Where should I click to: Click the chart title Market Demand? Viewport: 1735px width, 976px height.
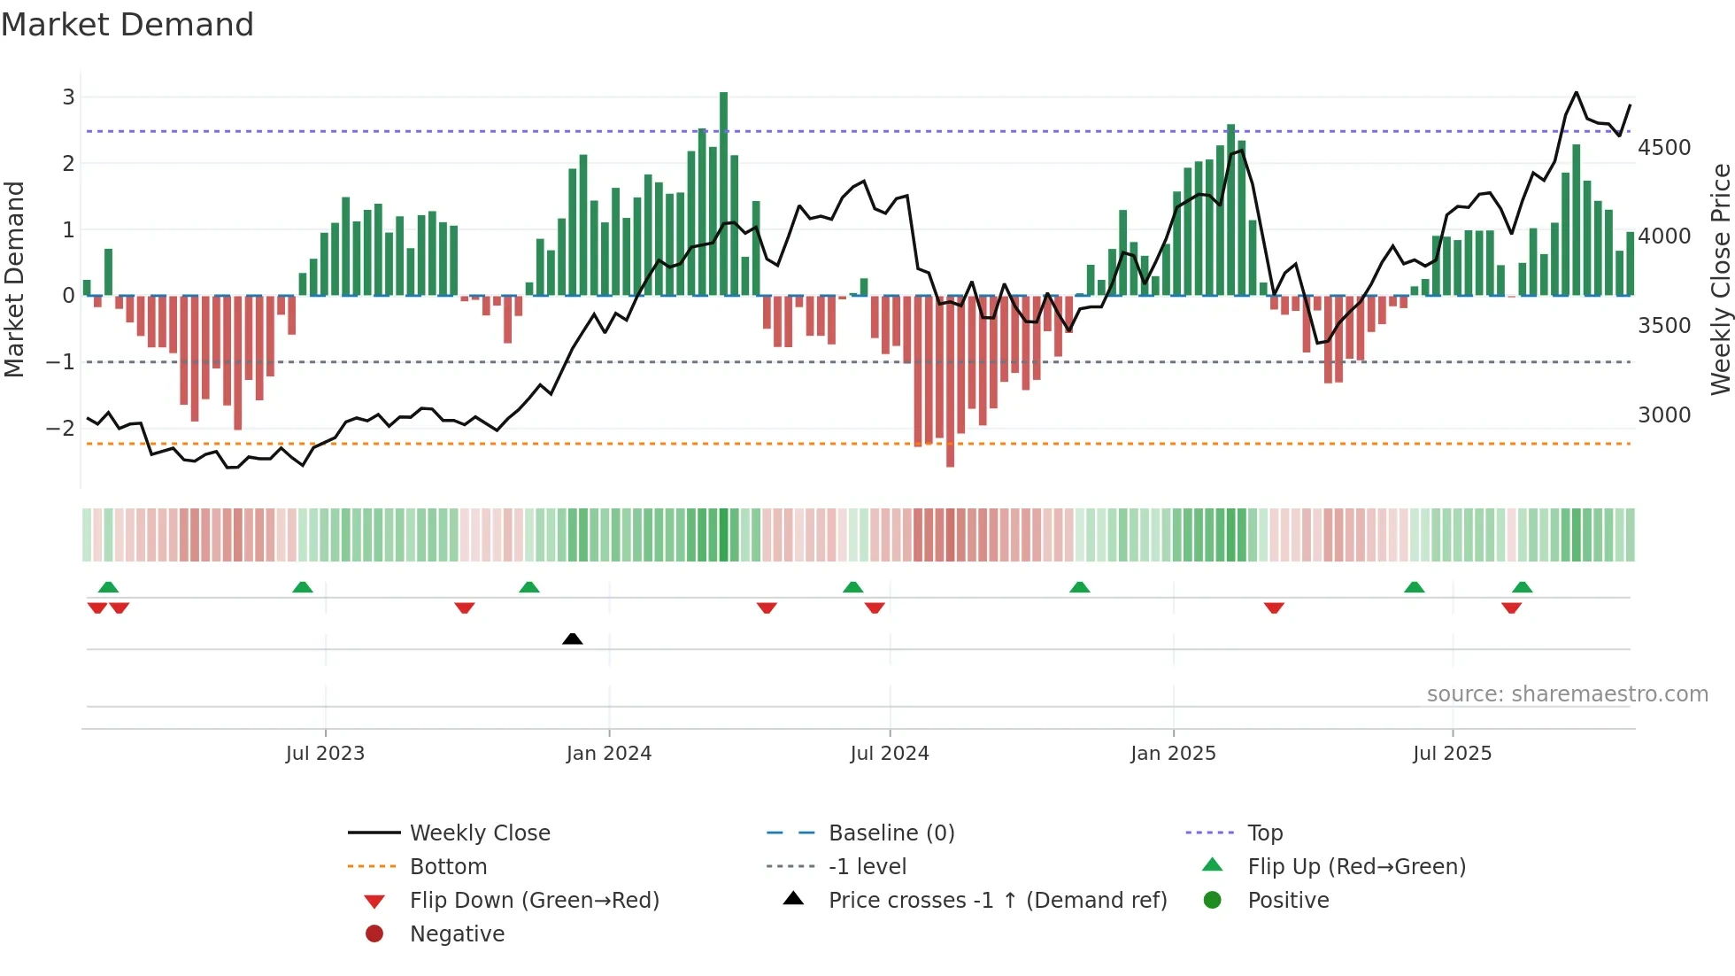(127, 25)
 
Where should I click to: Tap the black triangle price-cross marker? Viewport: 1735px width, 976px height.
(573, 639)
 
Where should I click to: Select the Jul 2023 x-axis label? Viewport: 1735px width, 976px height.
(325, 754)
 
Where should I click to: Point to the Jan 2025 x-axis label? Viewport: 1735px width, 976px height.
(1173, 754)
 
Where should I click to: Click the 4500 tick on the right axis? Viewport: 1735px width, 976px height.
(1664, 148)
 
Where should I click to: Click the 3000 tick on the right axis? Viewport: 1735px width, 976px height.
(1664, 415)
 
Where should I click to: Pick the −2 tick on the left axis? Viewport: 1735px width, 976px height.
(61, 428)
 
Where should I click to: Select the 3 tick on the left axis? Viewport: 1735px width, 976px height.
(68, 97)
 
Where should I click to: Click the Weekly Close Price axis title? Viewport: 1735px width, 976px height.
(1720, 279)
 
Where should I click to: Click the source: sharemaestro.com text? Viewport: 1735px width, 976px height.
(1567, 694)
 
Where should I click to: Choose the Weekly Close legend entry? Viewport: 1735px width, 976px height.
(479, 833)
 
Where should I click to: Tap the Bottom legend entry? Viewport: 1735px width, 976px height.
(448, 867)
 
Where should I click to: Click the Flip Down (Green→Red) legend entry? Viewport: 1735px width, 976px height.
(534, 901)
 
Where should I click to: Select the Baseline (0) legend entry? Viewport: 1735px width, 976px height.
(891, 833)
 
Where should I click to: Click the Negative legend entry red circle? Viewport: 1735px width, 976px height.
(374, 934)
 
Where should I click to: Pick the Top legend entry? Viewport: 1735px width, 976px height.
(1264, 833)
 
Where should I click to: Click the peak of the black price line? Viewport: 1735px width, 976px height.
(1576, 92)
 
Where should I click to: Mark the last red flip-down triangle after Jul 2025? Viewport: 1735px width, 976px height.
(1511, 608)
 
